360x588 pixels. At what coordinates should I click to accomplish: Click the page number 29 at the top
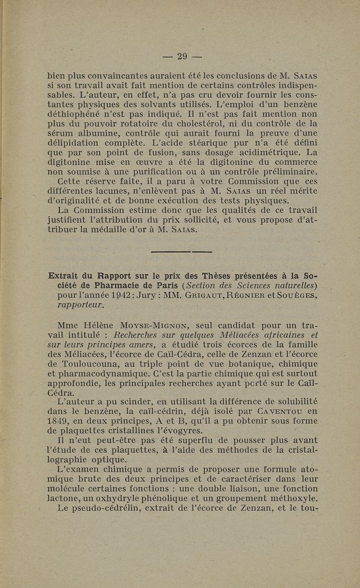pos(181,57)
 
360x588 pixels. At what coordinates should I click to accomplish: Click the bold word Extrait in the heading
pos(65,276)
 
